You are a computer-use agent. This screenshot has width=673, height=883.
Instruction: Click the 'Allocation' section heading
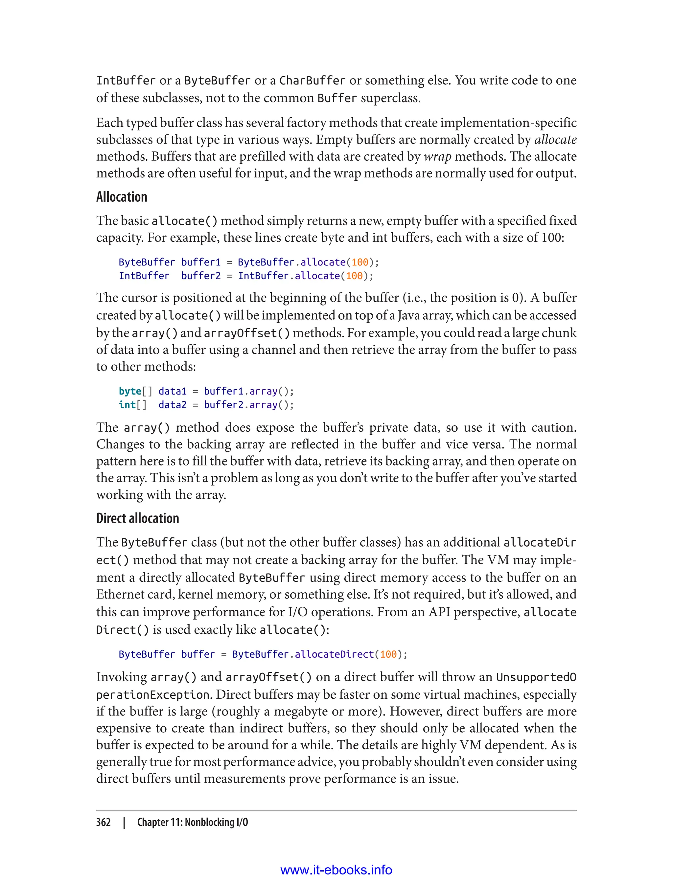[122, 197]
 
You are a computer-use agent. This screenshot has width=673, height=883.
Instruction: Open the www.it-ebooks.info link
[336, 870]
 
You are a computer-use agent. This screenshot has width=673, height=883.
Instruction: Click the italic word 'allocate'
[555, 139]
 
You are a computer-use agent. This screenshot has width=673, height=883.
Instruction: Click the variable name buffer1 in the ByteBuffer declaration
[201, 262]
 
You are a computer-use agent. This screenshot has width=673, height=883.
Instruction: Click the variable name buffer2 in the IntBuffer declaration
[201, 276]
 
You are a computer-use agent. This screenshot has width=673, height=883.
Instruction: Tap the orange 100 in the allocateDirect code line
[388, 654]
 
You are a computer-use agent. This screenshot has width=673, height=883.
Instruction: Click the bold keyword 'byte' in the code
[130, 391]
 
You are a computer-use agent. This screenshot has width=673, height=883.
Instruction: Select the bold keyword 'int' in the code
[127, 405]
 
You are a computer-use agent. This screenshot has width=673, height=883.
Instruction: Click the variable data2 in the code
[172, 405]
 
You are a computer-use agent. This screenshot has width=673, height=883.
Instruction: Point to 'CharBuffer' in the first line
[312, 81]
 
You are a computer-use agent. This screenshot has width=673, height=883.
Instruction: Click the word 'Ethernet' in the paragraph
[120, 594]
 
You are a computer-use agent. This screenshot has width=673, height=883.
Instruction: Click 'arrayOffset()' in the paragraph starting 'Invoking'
[268, 677]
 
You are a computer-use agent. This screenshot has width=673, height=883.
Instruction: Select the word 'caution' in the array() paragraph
[553, 427]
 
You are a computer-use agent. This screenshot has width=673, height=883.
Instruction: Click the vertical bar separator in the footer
[124, 822]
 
